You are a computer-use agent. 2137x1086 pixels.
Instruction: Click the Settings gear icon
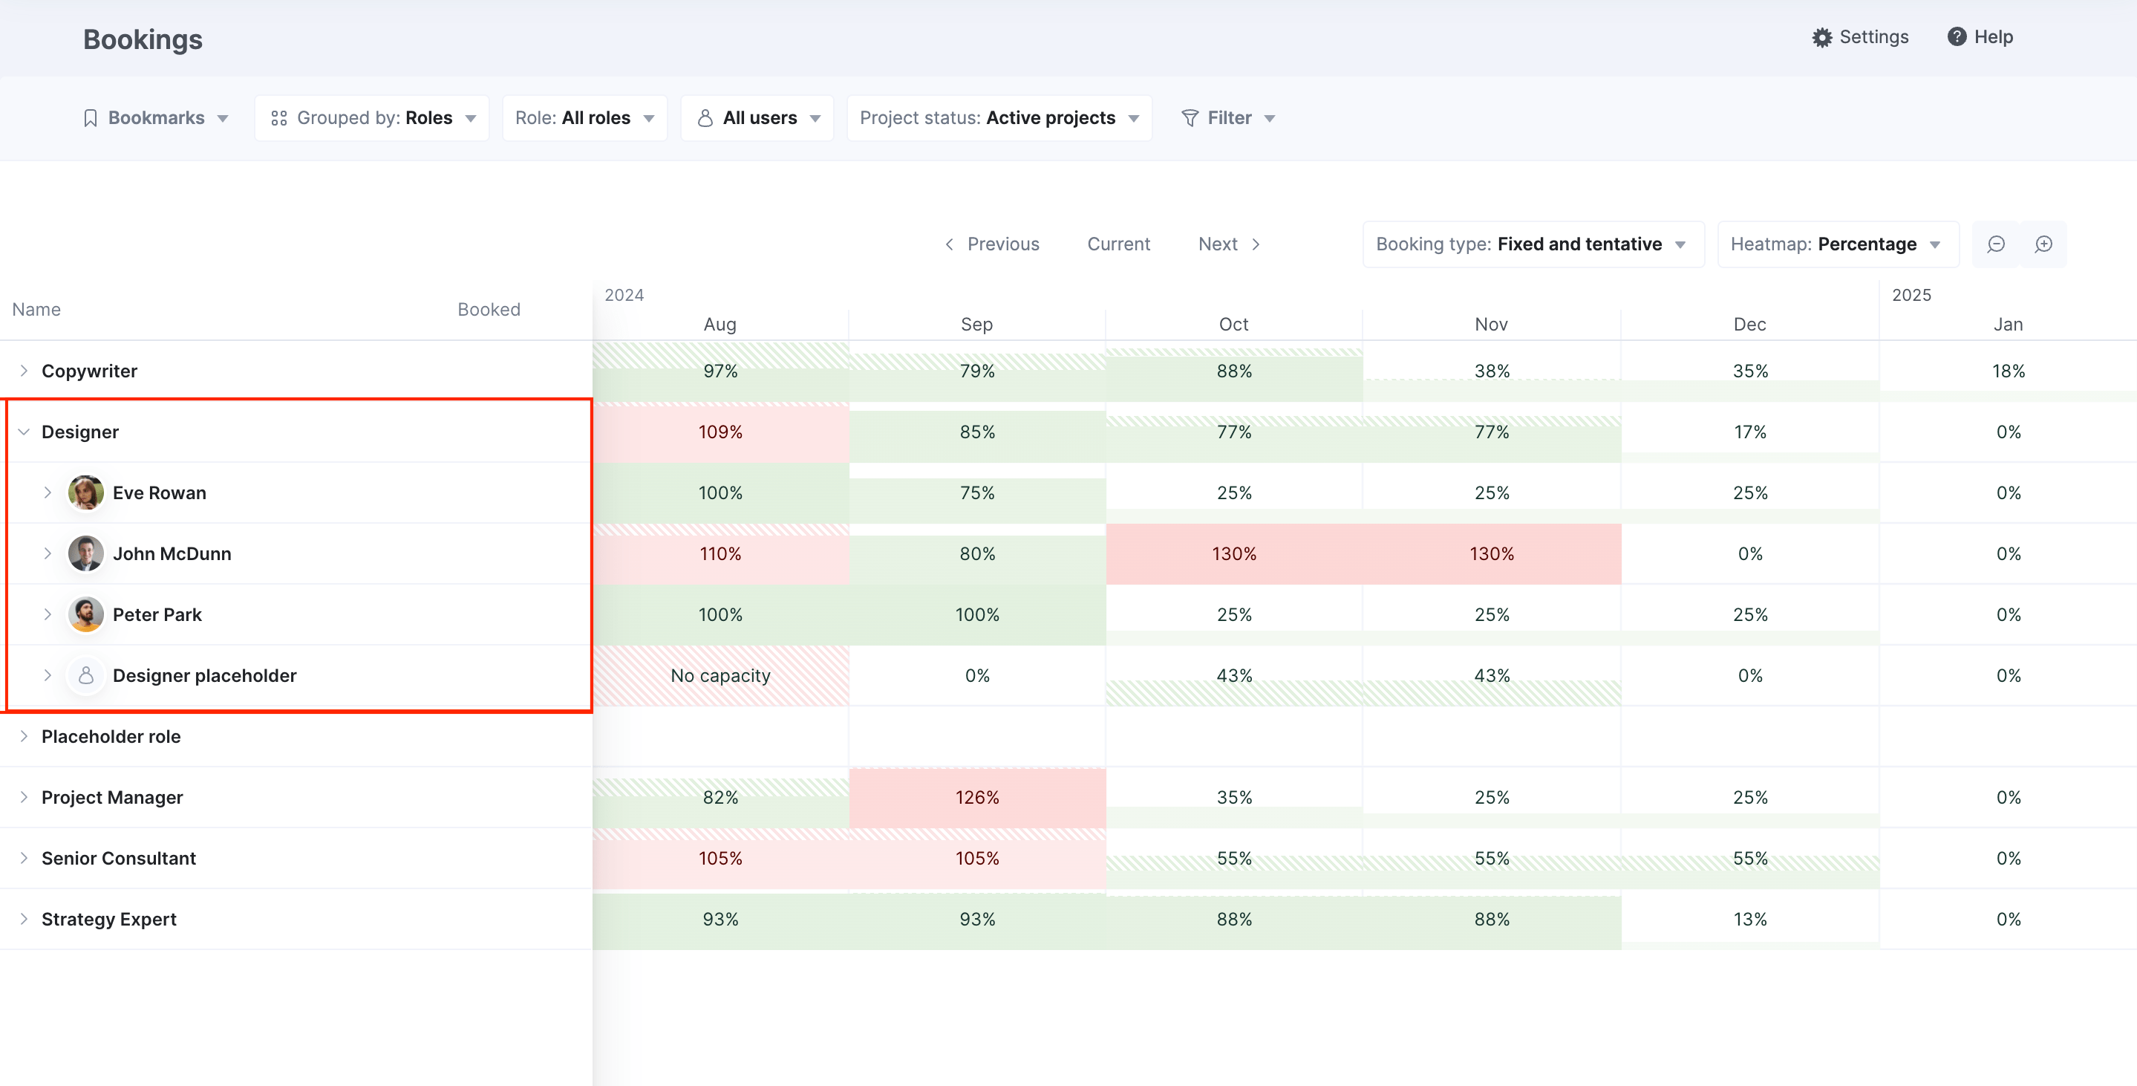click(1821, 37)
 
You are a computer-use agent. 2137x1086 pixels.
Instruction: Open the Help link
click(1980, 37)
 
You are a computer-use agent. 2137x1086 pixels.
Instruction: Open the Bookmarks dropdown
click(156, 118)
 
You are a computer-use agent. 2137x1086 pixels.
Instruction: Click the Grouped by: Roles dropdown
click(373, 118)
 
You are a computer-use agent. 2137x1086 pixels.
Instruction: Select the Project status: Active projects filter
click(999, 118)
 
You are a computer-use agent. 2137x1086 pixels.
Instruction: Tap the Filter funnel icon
click(1190, 118)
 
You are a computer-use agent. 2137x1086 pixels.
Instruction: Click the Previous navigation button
click(992, 244)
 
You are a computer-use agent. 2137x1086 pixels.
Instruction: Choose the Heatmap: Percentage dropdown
click(1837, 244)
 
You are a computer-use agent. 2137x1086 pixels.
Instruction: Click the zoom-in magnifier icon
click(2043, 244)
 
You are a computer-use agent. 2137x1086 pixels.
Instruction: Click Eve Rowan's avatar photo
click(85, 492)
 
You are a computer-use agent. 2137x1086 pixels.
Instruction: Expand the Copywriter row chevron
click(24, 371)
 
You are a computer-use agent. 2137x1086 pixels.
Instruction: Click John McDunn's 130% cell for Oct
click(1233, 553)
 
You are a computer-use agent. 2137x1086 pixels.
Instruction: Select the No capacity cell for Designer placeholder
click(720, 675)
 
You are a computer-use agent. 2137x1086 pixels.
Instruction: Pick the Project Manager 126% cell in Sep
click(976, 797)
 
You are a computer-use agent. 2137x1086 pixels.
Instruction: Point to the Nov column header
click(1491, 325)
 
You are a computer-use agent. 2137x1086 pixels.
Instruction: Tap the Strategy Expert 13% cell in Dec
click(1749, 920)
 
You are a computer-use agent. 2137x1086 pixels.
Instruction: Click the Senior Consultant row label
click(119, 858)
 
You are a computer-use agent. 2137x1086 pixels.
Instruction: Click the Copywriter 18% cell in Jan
click(2008, 371)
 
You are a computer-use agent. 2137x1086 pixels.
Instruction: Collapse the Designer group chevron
click(24, 432)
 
